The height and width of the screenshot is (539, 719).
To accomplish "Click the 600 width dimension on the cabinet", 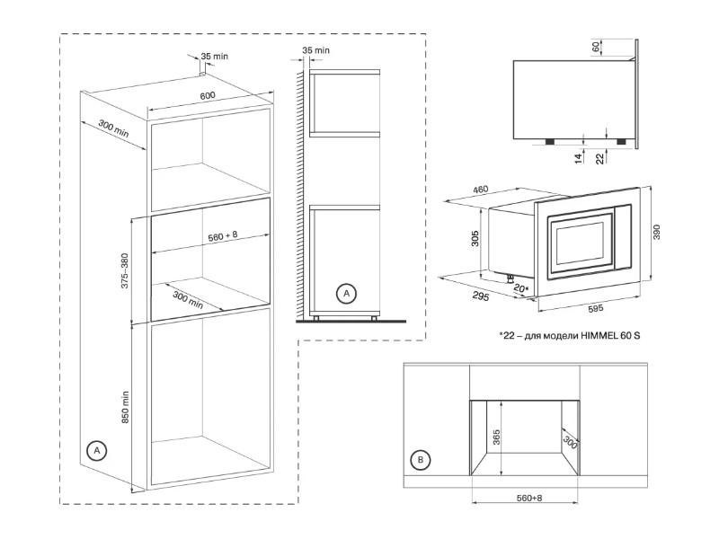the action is [x=208, y=96].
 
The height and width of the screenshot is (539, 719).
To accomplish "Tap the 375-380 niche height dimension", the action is [x=125, y=270].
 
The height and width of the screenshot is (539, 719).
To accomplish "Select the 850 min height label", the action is [x=125, y=407].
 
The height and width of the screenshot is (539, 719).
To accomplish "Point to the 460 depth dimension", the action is [x=480, y=190].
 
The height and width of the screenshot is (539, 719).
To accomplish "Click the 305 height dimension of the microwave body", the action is [x=475, y=238].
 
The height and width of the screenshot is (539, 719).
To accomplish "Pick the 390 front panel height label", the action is [x=657, y=233].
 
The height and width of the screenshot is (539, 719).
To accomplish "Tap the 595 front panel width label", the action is [x=595, y=309].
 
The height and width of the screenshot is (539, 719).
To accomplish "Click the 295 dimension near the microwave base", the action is [x=481, y=296].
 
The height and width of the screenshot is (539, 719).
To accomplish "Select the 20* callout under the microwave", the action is [x=521, y=288].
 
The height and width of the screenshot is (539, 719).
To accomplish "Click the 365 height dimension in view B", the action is [x=496, y=437].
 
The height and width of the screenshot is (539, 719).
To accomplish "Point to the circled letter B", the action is [x=421, y=460].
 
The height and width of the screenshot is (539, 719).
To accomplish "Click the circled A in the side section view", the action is [x=346, y=294].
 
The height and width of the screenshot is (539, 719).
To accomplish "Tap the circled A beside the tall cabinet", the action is [x=97, y=451].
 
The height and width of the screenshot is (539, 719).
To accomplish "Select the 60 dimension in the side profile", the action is [x=595, y=47].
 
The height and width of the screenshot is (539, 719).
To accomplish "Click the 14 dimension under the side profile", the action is [x=578, y=158].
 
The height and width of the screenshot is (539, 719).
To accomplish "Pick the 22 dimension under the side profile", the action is [x=599, y=159].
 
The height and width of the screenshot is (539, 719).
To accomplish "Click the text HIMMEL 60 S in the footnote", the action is [x=610, y=335].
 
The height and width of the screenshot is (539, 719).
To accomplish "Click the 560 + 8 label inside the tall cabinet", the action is [x=223, y=236].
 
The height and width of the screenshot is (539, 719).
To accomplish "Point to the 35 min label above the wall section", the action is [x=316, y=50].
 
